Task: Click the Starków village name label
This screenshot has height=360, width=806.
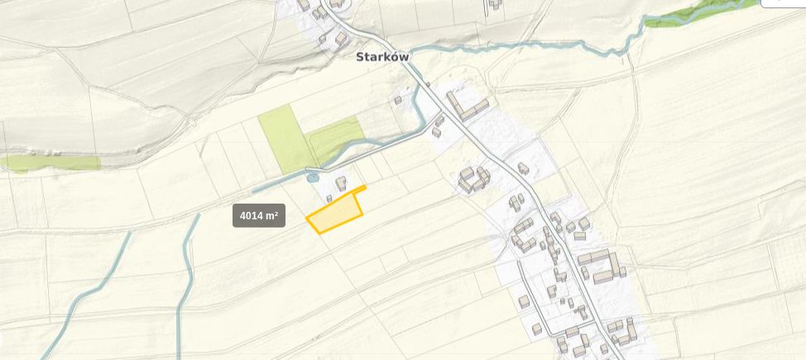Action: (382, 57)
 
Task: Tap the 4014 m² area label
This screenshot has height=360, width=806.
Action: (258, 216)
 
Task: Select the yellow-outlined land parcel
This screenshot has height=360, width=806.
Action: (335, 214)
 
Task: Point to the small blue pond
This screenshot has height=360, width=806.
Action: (312, 176)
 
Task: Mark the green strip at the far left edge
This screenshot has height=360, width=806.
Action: (50, 162)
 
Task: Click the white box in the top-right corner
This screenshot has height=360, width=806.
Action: (783, 3)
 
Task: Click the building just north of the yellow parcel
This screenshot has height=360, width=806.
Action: (341, 183)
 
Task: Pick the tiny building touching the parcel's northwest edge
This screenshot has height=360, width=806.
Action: (329, 199)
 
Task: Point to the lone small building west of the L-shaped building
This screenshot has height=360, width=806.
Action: (397, 100)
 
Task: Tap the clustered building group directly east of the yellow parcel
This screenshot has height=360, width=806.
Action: (474, 179)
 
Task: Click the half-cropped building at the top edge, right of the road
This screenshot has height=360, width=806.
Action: (494, 4)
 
